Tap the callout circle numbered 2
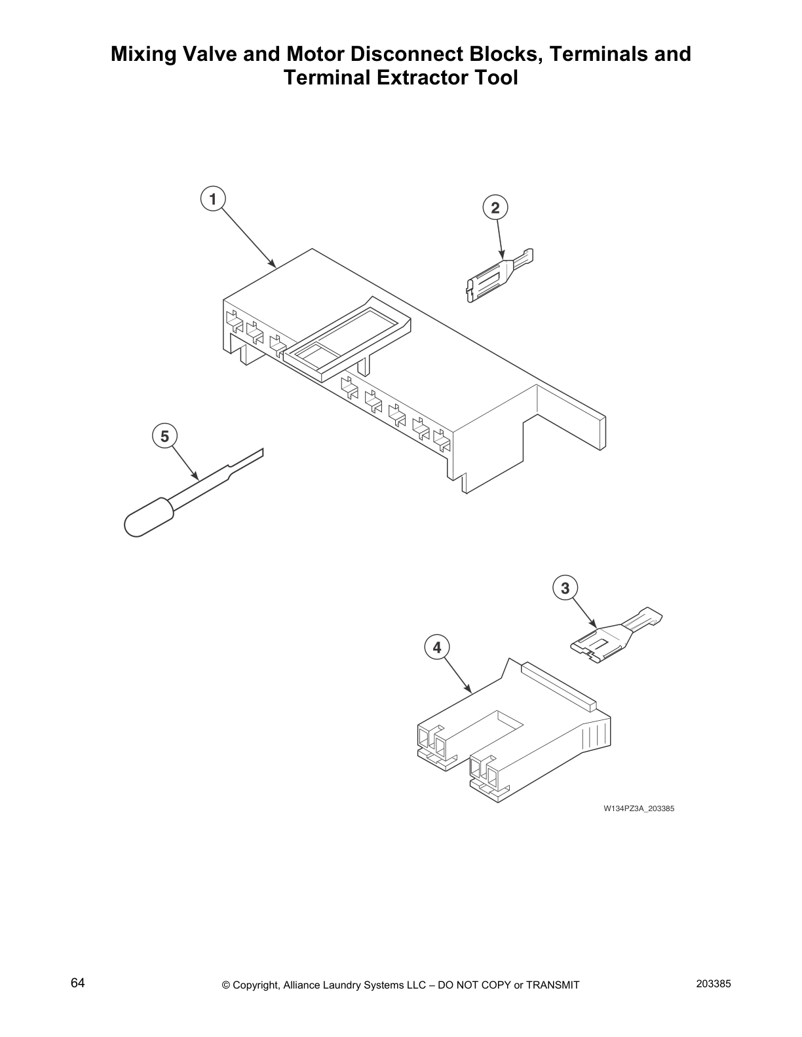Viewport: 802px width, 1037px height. point(495,208)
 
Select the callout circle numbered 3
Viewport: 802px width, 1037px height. point(565,588)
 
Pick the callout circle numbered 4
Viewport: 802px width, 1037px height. point(437,647)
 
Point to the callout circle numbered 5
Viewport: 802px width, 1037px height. point(164,436)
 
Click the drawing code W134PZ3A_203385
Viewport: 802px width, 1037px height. point(639,809)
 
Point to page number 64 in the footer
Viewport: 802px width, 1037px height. point(78,983)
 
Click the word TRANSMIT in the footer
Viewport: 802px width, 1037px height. point(553,985)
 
